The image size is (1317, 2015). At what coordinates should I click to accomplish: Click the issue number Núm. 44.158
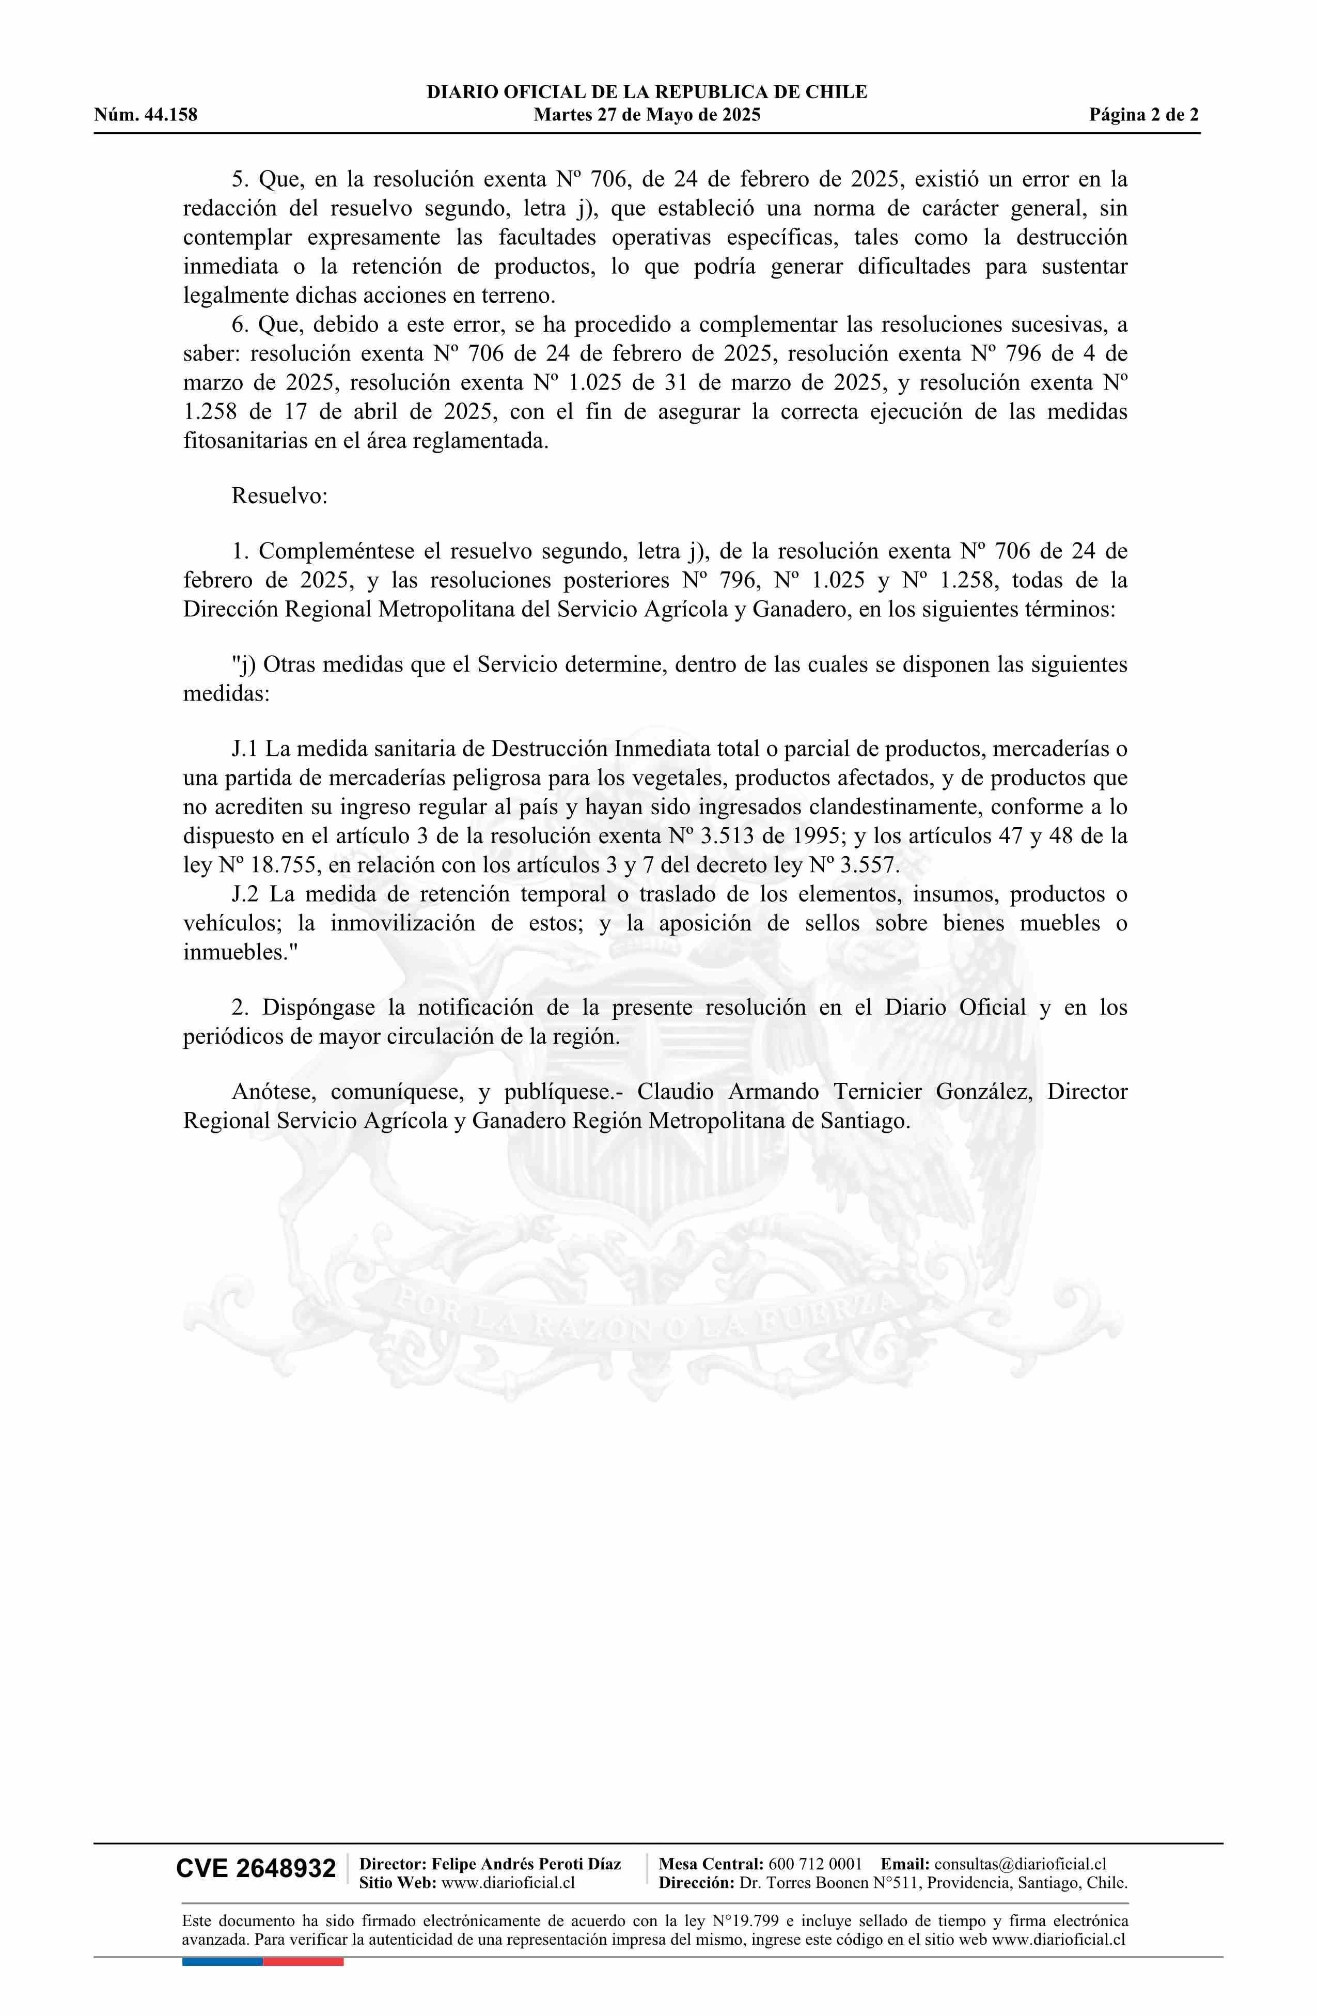pos(146,115)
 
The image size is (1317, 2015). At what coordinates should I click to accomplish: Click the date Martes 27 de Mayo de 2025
pos(647,115)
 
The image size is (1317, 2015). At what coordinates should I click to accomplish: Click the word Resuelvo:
pos(279,495)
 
